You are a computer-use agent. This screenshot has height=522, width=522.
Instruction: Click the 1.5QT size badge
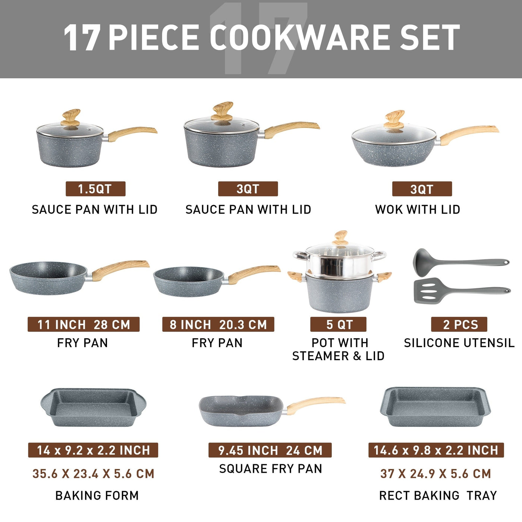click(95, 189)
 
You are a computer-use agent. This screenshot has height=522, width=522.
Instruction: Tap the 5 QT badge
click(338, 324)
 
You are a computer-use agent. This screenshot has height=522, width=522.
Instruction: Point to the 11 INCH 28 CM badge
click(84, 324)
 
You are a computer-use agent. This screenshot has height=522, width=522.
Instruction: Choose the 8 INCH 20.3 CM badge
click(218, 324)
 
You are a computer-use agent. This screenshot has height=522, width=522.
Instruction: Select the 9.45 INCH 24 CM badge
click(270, 450)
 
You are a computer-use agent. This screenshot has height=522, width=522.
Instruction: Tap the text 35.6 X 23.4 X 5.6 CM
click(93, 474)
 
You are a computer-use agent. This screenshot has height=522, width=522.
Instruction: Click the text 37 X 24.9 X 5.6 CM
click(435, 474)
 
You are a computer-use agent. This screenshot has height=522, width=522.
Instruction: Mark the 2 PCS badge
click(459, 324)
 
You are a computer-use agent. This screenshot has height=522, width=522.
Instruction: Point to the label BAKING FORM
click(97, 496)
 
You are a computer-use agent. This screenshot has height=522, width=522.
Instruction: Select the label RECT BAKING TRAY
click(438, 496)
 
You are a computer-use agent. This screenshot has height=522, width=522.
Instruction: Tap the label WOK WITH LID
click(418, 210)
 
